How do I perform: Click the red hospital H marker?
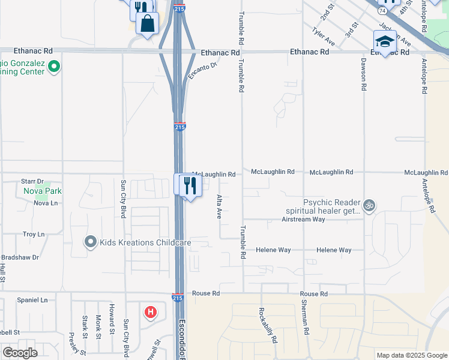point(151,313)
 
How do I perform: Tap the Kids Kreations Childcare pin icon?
point(91,242)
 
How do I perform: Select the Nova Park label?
point(43,191)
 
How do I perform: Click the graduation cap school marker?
point(385,41)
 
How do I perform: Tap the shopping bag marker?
point(147,24)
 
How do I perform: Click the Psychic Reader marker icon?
point(369,206)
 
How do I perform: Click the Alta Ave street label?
point(219,206)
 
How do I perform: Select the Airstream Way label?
point(303,219)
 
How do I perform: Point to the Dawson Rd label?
point(363,74)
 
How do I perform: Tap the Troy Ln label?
point(33,235)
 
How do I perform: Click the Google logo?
point(20,353)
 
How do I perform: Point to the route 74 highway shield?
point(382,10)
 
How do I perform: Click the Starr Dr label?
point(33,181)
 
